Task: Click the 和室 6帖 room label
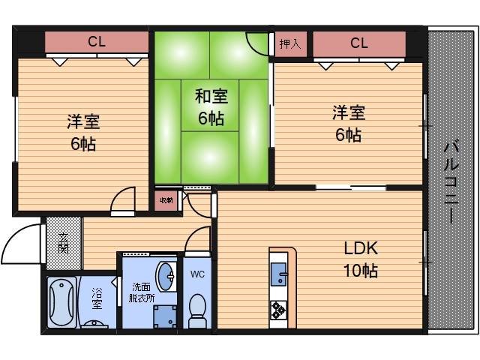211,107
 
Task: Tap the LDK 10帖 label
361,259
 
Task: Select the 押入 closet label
290,43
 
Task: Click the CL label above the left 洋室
96,42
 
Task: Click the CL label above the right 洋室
358,43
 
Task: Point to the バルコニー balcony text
451,180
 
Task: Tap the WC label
197,274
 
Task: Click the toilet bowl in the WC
198,310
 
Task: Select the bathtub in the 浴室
61,304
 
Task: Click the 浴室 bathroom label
97,297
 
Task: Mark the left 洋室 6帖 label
82,132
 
